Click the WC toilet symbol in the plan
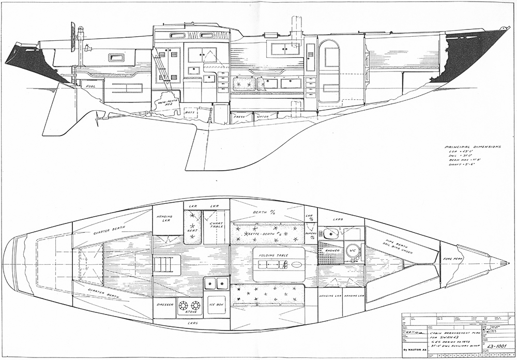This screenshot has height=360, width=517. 354,249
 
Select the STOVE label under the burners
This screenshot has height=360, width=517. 191,312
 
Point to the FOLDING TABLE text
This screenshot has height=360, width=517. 272,254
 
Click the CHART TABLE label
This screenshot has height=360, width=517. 216,226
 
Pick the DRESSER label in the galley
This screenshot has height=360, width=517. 165,305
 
